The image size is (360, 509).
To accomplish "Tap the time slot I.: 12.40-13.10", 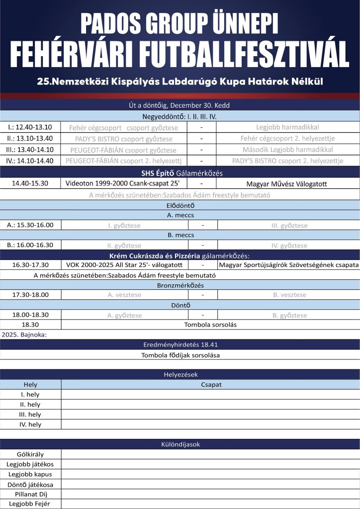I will [x=30, y=127].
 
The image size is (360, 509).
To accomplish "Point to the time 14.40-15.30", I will [x=30, y=183].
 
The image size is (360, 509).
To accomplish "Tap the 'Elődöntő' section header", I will [x=180, y=205].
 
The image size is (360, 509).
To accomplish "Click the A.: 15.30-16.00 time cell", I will [x=30, y=225].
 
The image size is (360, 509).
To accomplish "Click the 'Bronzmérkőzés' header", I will [x=180, y=285].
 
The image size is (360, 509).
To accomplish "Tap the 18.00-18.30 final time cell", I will [x=30, y=315].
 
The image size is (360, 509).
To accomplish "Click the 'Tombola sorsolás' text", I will [x=210, y=325].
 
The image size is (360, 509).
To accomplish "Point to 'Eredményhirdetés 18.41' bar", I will [x=180, y=344].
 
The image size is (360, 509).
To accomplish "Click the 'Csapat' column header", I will [x=211, y=384].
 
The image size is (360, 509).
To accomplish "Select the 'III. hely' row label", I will [x=30, y=415].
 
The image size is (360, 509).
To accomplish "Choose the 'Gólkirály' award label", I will [x=30, y=454].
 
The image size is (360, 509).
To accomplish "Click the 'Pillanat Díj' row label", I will [x=30, y=494].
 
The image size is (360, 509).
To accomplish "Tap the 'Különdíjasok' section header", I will [x=180, y=444].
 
